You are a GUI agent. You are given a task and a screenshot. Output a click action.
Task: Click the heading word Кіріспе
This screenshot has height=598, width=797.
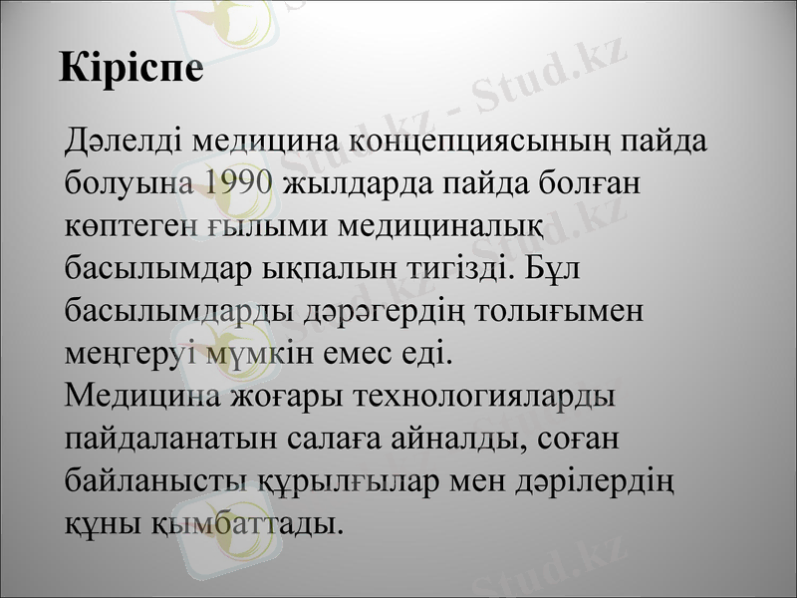[x=132, y=67]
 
